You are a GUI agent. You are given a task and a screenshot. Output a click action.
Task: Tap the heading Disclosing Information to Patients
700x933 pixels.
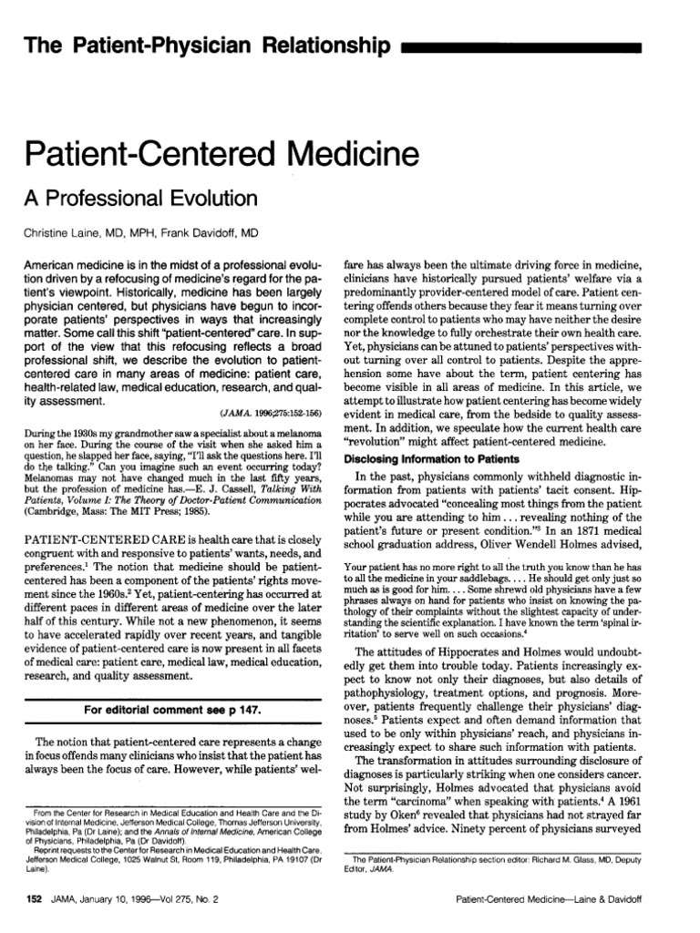[427, 459]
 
